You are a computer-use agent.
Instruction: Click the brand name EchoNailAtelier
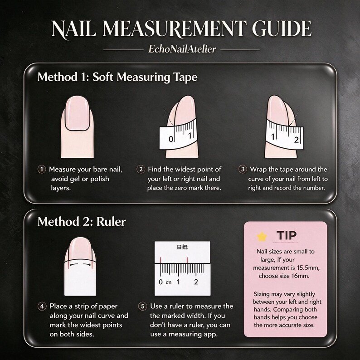(x=182, y=49)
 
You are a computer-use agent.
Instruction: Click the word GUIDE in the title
(x=282, y=29)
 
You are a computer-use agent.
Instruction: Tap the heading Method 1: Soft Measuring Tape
(x=117, y=77)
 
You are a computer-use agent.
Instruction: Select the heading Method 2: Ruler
(x=82, y=222)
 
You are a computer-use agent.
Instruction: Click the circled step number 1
(x=42, y=170)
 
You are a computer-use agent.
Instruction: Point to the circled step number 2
(x=141, y=170)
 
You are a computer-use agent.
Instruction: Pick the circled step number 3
(x=243, y=170)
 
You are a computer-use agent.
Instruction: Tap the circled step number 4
(x=42, y=306)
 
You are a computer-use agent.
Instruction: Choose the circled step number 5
(x=142, y=306)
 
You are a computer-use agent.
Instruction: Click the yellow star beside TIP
(x=262, y=237)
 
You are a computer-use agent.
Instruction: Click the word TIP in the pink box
(x=287, y=235)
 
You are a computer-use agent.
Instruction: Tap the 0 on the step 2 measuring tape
(x=171, y=139)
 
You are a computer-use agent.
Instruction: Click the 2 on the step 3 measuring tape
(x=297, y=140)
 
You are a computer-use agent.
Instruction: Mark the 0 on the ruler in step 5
(x=161, y=282)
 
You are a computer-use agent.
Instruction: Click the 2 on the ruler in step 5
(x=196, y=282)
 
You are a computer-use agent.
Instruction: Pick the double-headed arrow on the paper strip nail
(x=80, y=264)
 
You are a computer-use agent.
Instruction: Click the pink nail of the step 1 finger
(x=77, y=113)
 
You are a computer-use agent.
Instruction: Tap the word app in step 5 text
(x=210, y=335)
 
